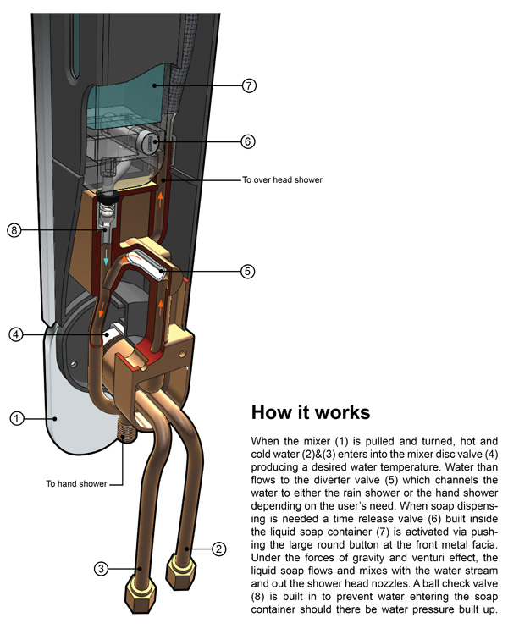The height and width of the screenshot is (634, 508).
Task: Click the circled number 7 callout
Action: (x=248, y=85)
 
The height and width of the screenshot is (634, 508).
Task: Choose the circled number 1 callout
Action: (x=15, y=417)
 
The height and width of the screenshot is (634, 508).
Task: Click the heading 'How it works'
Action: (x=310, y=413)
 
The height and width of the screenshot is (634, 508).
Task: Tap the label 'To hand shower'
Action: (x=76, y=484)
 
